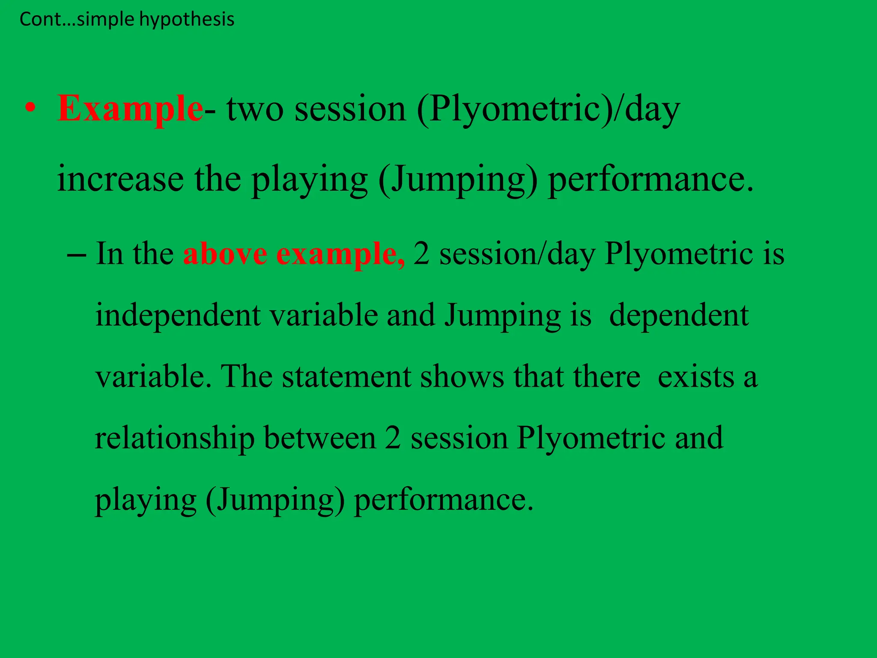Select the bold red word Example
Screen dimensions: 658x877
click(x=130, y=108)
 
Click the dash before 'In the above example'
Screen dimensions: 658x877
click(x=76, y=254)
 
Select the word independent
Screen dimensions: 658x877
click(x=178, y=316)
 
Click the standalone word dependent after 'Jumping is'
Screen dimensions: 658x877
click(x=679, y=316)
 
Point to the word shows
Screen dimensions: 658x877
click(x=462, y=377)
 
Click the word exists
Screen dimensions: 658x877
click(x=696, y=377)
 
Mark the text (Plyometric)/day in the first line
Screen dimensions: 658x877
click(x=549, y=109)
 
